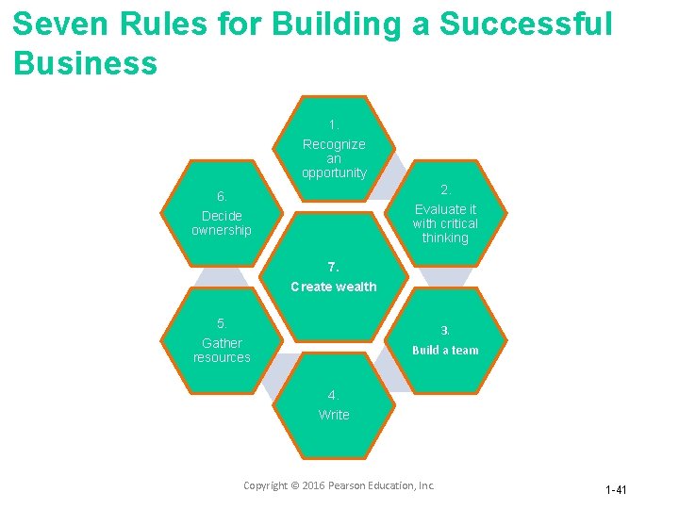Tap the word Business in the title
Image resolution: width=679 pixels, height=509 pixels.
tap(86, 64)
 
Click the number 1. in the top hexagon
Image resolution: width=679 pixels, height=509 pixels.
tap(334, 124)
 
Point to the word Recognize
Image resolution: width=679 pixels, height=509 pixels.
tap(334, 144)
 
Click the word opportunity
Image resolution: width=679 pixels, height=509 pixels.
tap(334, 173)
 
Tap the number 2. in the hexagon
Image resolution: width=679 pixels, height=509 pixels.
tap(446, 189)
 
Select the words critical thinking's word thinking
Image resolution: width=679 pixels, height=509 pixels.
tap(445, 238)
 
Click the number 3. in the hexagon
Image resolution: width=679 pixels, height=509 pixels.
tap(445, 331)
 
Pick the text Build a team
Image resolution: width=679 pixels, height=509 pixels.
tap(445, 351)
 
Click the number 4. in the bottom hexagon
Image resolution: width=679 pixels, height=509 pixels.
tap(334, 395)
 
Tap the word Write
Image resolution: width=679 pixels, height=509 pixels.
tap(334, 415)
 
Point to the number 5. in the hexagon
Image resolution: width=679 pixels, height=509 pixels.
tap(222, 323)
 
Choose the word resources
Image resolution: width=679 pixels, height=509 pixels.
tap(222, 358)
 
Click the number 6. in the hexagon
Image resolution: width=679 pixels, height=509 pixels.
tap(222, 197)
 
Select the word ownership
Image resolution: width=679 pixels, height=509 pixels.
tap(222, 231)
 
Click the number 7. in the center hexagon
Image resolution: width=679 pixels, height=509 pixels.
tap(334, 267)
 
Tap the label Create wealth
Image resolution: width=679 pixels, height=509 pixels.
tap(334, 287)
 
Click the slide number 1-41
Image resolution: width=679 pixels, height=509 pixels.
tap(616, 490)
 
